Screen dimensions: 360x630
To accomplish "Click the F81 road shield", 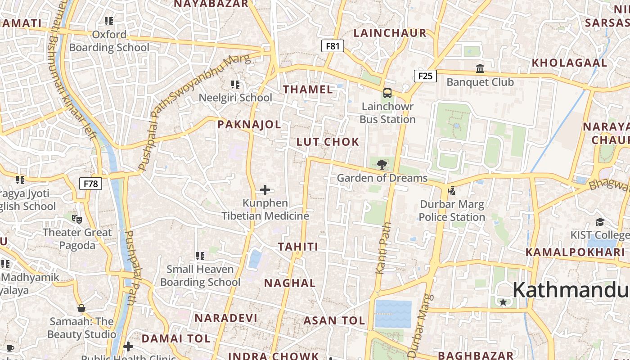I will (333, 46).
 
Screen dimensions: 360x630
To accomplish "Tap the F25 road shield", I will (425, 76).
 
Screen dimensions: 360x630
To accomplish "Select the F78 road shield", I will (91, 184).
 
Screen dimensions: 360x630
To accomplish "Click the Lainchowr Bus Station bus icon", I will (387, 93).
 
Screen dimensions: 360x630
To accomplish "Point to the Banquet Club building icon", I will (480, 69).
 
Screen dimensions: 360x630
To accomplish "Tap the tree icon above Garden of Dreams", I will (382, 164).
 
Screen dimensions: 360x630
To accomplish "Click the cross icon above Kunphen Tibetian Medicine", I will (265, 190).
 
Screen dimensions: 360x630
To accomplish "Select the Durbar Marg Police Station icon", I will (451, 191).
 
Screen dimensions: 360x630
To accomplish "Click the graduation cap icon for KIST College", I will (600, 222).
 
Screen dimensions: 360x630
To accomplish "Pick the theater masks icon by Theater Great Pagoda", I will (77, 219).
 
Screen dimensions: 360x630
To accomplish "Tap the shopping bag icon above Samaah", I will (81, 308).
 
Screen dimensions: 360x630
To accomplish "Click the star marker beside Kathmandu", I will (503, 302).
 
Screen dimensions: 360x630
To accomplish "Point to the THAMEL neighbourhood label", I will (308, 89).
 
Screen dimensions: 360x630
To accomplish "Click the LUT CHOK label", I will (328, 142).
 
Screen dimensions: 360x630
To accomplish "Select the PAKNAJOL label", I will (249, 125).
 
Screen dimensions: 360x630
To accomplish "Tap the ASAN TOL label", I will (334, 321).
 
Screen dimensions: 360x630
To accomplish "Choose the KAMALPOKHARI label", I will (575, 252).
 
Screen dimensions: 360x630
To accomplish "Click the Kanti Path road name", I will (382, 247).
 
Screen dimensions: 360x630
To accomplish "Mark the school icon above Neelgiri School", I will (235, 85).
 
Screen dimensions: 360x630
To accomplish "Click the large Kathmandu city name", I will (571, 289).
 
